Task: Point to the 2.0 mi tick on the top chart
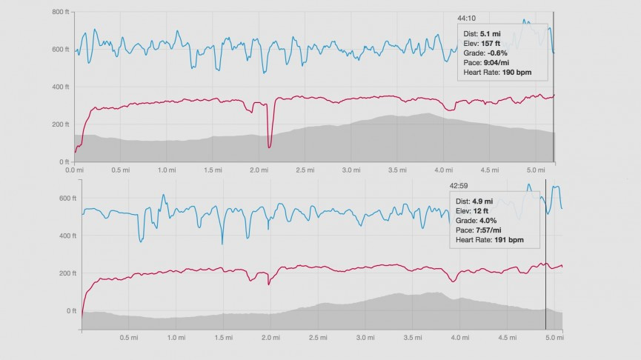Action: [x=259, y=170]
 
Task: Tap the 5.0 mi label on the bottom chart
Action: [x=551, y=339]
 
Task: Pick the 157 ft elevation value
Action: [x=493, y=43]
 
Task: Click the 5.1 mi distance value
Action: [x=491, y=33]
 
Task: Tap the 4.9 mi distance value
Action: [x=483, y=201]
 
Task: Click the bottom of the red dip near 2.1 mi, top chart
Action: [x=269, y=147]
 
